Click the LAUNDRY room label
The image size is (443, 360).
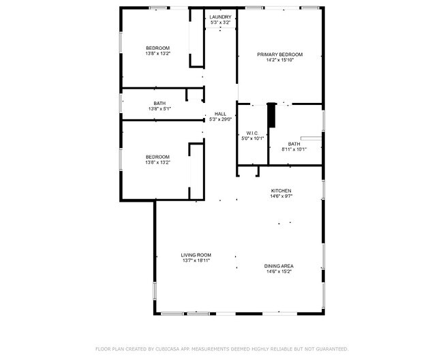(x=220, y=16)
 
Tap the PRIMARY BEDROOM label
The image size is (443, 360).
(x=279, y=55)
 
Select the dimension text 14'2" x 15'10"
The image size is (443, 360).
(x=279, y=60)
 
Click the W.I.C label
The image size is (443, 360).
(x=251, y=133)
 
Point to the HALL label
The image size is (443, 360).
(x=220, y=114)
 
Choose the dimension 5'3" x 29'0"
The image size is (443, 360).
(x=220, y=119)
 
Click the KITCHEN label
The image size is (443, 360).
(x=281, y=190)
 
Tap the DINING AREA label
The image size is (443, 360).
(x=279, y=266)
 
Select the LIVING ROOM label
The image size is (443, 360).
(x=196, y=255)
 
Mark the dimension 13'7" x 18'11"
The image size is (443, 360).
(x=196, y=260)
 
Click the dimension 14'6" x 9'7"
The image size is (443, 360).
(x=281, y=196)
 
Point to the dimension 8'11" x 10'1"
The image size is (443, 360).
(x=294, y=149)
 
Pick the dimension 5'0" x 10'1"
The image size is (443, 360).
(x=251, y=138)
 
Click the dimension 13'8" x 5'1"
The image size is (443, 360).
(x=159, y=109)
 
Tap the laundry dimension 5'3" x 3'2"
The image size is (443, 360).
(x=220, y=22)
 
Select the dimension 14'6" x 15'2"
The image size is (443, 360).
(x=279, y=271)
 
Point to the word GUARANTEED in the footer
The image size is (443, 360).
(x=331, y=348)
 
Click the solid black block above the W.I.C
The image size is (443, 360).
(x=272, y=115)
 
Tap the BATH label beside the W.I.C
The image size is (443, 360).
(x=294, y=144)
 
